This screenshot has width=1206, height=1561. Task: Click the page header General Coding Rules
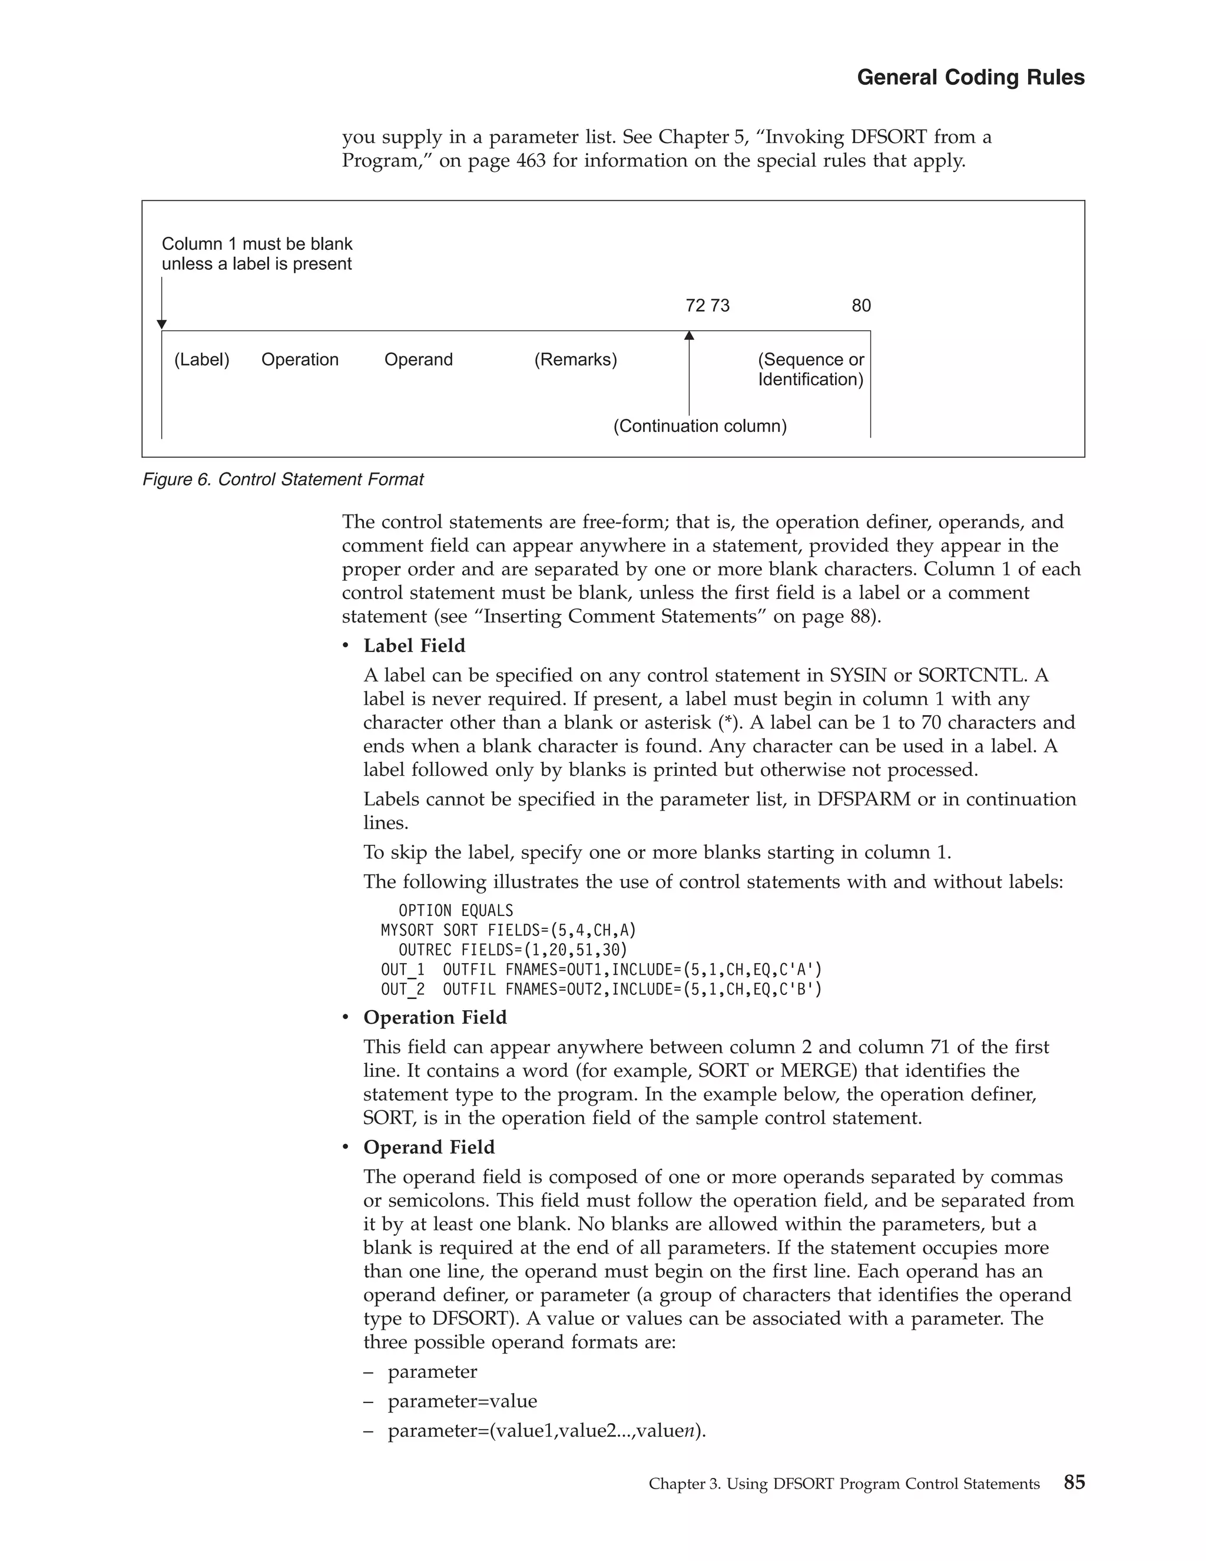(x=970, y=77)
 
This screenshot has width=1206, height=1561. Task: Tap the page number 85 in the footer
(x=1074, y=1481)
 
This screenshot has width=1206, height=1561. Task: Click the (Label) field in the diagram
(x=201, y=359)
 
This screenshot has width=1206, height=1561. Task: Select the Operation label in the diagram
(x=299, y=359)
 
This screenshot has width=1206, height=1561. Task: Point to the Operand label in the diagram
(x=418, y=359)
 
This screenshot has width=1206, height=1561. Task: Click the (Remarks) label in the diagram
(x=575, y=359)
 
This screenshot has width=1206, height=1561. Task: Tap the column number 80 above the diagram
(x=861, y=306)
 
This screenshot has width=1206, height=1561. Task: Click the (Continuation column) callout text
(x=700, y=426)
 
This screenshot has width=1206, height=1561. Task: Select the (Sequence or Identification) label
(x=810, y=369)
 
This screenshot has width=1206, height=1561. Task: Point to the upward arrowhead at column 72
(x=689, y=335)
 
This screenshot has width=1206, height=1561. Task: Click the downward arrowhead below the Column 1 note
(x=161, y=325)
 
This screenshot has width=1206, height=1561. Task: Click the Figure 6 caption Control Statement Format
(x=283, y=479)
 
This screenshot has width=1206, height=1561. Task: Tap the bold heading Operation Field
(x=435, y=1017)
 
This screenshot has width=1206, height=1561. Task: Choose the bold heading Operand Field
(x=429, y=1147)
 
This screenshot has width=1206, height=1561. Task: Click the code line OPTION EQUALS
(x=455, y=911)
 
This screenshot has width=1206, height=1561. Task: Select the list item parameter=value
(x=462, y=1401)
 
